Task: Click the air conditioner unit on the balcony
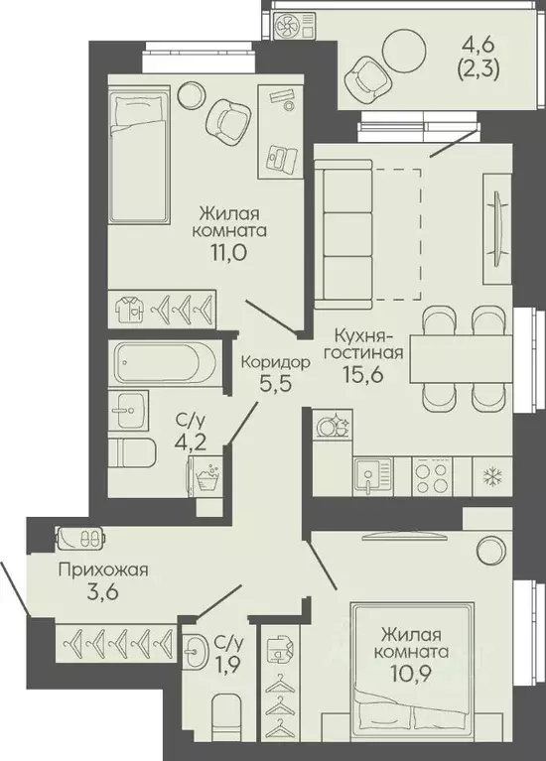click(294, 25)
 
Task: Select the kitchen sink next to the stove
click(373, 476)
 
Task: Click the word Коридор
click(275, 362)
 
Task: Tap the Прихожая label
click(103, 571)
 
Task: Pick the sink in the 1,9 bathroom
click(198, 648)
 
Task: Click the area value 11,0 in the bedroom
click(229, 253)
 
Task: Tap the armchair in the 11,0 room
click(228, 118)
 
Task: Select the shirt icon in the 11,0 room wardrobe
click(130, 310)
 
